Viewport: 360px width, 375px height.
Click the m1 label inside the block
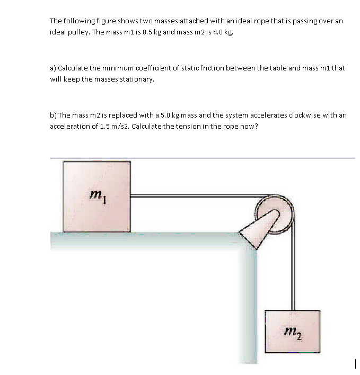(97, 197)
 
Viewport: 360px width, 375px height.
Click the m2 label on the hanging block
(293, 332)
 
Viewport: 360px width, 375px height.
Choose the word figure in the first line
(107, 21)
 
